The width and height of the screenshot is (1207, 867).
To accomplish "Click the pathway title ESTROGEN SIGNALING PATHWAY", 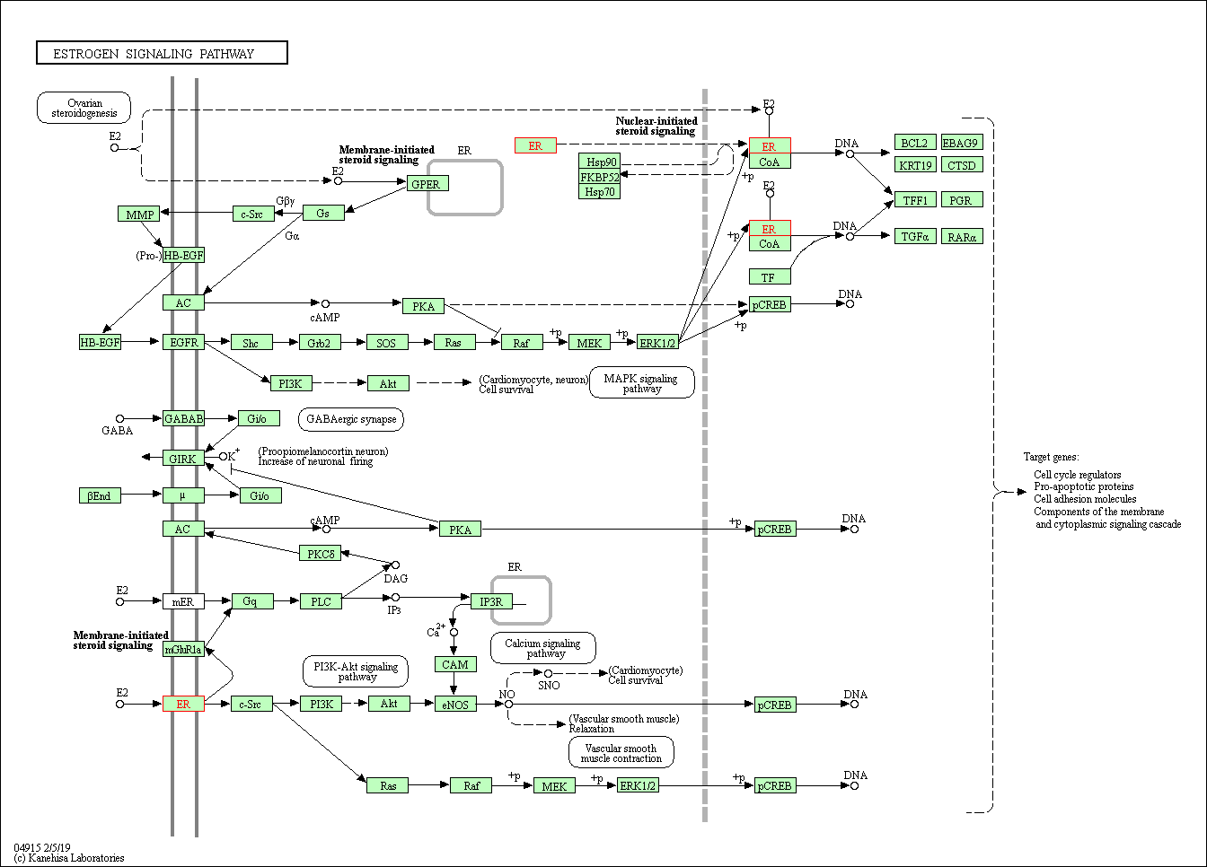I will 162,53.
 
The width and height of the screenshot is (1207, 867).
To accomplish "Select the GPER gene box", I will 426,184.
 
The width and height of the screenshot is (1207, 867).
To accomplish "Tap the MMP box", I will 139,215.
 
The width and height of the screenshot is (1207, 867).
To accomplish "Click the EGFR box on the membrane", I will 184,342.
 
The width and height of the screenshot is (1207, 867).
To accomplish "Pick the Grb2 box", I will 320,343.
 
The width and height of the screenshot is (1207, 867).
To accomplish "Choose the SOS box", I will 386,343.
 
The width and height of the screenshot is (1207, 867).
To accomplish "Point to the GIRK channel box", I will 182,459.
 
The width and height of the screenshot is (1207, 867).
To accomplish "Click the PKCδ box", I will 321,554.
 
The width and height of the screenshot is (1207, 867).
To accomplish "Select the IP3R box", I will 491,601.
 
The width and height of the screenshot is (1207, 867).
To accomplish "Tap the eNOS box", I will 455,705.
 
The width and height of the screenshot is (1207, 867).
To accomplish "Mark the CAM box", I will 455,664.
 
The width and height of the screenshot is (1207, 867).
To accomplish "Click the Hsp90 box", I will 601,162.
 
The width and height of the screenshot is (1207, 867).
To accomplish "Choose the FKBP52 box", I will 601,177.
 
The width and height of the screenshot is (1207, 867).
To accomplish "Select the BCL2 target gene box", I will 915,143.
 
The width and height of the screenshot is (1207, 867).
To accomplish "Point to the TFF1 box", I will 915,200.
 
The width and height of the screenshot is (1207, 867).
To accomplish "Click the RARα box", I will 962,237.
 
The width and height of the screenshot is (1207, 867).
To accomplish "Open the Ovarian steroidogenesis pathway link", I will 84,109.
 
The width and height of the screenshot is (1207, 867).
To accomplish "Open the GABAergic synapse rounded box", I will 351,419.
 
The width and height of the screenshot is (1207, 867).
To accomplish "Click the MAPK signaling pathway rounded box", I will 641,383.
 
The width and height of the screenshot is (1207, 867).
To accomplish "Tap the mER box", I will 183,601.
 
